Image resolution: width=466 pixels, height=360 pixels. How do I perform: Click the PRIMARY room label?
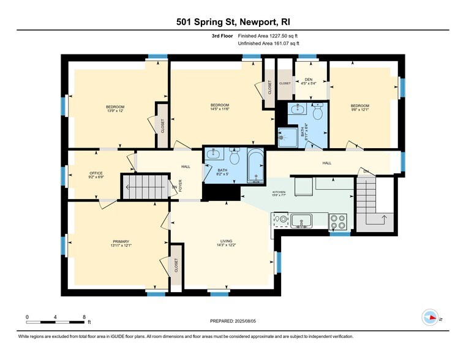point(120,242)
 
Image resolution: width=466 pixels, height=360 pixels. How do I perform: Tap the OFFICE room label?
point(96,173)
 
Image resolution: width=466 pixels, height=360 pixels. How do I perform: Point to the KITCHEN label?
point(279,192)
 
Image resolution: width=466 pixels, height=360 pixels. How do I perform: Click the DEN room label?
point(308,80)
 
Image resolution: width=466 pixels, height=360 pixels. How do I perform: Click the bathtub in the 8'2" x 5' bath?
point(255,165)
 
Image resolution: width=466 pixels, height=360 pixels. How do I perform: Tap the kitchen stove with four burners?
point(338,221)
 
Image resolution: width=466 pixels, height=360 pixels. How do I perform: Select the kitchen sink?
point(301,220)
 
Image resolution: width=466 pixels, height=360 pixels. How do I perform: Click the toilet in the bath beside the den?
point(317,113)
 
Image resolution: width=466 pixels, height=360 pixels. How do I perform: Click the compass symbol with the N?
point(430,318)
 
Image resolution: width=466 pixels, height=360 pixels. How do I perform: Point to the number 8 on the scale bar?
point(84,317)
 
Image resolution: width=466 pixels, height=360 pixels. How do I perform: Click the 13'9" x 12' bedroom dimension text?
point(115,111)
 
